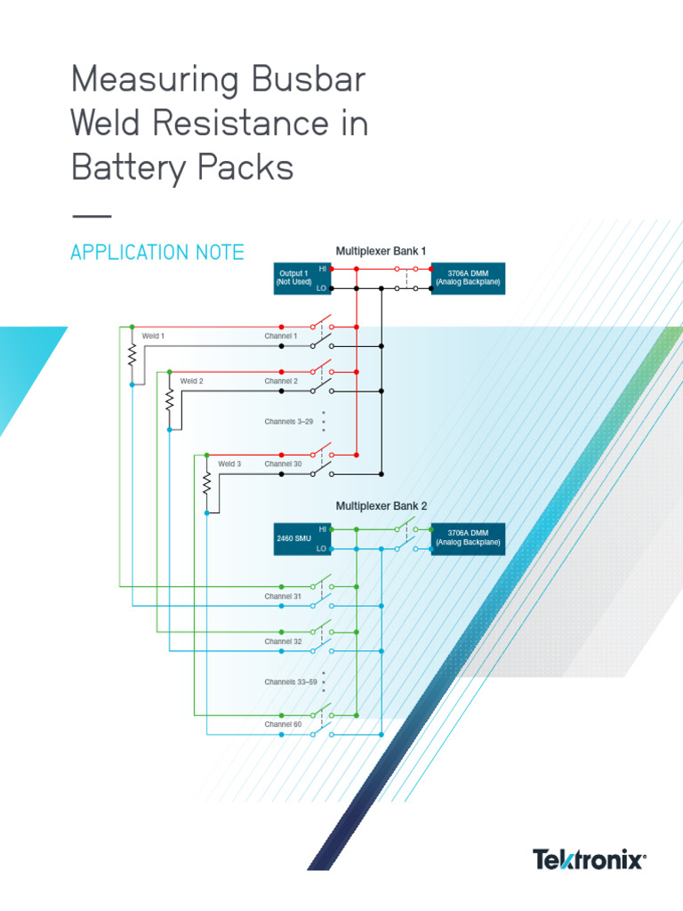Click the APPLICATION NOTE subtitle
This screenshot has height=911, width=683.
tap(157, 253)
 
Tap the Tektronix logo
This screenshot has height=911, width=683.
tap(589, 860)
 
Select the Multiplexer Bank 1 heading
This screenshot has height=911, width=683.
tap(381, 251)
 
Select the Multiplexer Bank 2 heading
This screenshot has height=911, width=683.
tap(381, 505)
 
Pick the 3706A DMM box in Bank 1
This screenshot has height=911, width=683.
tap(468, 278)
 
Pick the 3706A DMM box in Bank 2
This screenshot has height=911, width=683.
tap(468, 538)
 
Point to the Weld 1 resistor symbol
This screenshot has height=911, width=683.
tap(132, 356)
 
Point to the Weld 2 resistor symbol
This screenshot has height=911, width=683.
tap(169, 400)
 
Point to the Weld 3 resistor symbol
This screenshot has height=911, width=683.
tap(206, 484)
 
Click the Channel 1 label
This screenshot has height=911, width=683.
tap(281, 336)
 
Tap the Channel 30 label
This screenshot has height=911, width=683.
tap(283, 464)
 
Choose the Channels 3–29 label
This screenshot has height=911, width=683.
tap(288, 422)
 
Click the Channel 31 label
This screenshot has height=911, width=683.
tap(283, 596)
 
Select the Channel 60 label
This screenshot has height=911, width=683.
tap(283, 724)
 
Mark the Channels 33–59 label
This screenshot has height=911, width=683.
tap(290, 682)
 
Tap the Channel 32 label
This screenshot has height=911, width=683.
tap(283, 641)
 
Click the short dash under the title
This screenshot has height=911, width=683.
tap(91, 216)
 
